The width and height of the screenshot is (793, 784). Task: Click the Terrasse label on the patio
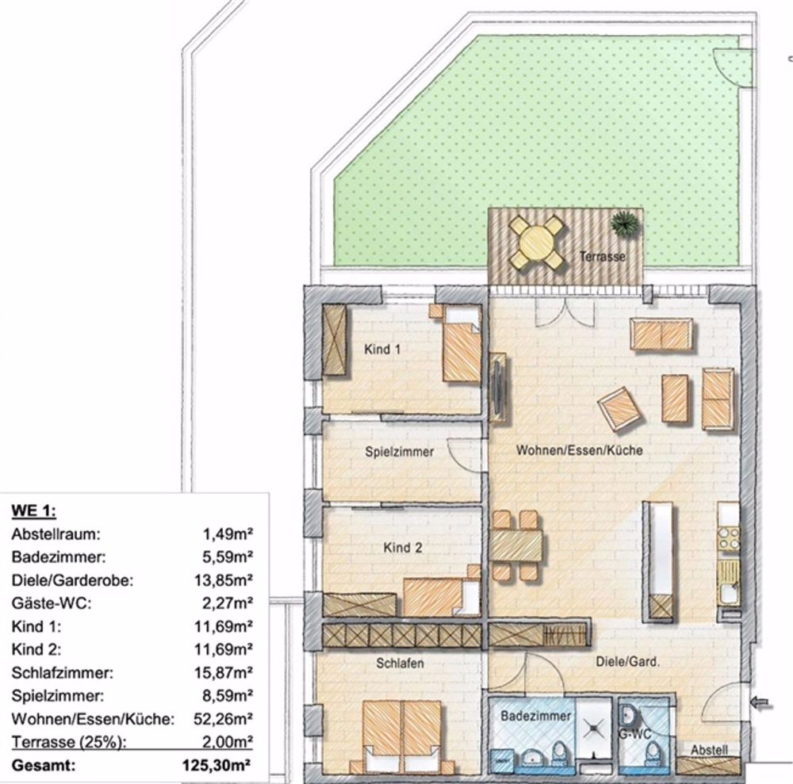[x=603, y=257]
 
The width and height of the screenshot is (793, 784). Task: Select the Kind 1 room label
[x=382, y=349]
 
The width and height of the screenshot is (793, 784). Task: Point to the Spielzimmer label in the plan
[x=400, y=452]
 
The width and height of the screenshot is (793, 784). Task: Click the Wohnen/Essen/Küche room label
[x=580, y=450]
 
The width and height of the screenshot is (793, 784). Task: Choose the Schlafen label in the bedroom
[x=400, y=663]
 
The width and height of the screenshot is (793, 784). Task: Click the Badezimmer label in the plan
[x=536, y=716]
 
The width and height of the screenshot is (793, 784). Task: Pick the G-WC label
[x=637, y=733]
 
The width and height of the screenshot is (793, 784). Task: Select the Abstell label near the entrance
[x=709, y=750]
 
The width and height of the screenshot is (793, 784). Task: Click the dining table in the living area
[x=516, y=545]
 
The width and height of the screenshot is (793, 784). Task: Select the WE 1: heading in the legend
[x=34, y=510]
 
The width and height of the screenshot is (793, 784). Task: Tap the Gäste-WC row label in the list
[x=52, y=603]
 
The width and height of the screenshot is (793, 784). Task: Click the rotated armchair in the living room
[x=620, y=408]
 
